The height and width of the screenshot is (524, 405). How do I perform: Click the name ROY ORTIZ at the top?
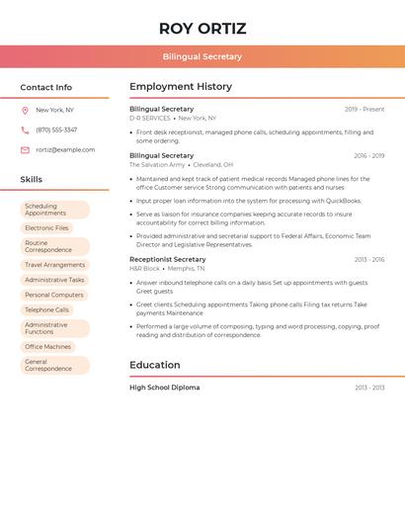coord(202,28)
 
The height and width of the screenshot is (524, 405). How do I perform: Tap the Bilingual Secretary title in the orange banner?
coord(202,56)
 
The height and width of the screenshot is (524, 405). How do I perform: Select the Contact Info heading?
coord(45,87)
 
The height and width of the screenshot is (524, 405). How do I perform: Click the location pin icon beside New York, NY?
coord(25,110)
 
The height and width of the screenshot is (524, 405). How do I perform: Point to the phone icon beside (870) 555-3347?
coord(25,130)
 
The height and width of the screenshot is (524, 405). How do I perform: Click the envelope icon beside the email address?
coord(25,150)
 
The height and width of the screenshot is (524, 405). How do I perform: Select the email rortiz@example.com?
coord(65,150)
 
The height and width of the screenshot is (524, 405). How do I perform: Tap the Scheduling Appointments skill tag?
coord(54,210)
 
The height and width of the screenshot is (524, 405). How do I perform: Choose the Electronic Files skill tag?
coord(46,228)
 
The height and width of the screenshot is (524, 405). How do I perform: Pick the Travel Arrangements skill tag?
coord(54,265)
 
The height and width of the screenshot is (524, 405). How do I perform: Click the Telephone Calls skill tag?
coord(46,309)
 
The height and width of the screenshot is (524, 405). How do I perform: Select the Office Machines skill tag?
coord(47,347)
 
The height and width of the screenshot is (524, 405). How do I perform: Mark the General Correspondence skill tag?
coord(54,366)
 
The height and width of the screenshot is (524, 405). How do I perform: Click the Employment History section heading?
coord(180,87)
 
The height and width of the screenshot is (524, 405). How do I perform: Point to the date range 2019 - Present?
coord(364,110)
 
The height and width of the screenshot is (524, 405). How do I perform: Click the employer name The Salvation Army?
coord(157,165)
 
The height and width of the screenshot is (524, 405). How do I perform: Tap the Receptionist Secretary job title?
coord(167,259)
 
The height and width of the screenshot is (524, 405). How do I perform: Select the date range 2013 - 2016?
coord(368,259)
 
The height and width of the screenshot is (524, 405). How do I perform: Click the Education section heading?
coord(154,365)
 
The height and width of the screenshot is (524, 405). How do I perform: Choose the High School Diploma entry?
coord(164,388)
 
